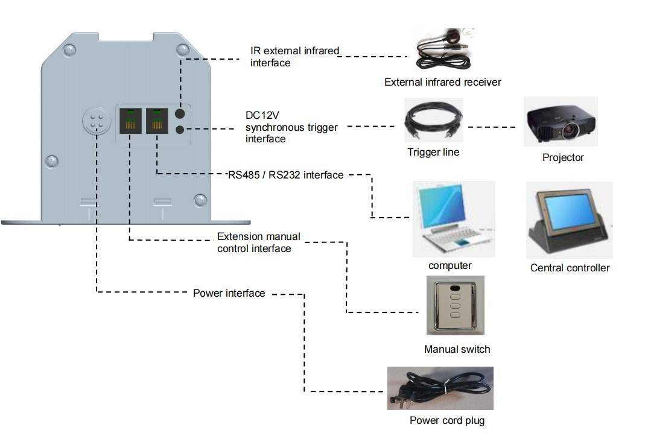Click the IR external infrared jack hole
pos(180,113)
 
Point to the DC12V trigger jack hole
pos(180,128)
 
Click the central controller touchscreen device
pos(569,220)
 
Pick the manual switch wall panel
pos(456,305)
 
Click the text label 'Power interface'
pos(229,294)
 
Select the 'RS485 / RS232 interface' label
pos(285,175)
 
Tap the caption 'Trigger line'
pos(433,153)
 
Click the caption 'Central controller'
pos(570,268)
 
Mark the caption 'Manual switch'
pos(457,349)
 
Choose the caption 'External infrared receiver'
pos(442,82)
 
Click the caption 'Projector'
pos(562,158)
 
